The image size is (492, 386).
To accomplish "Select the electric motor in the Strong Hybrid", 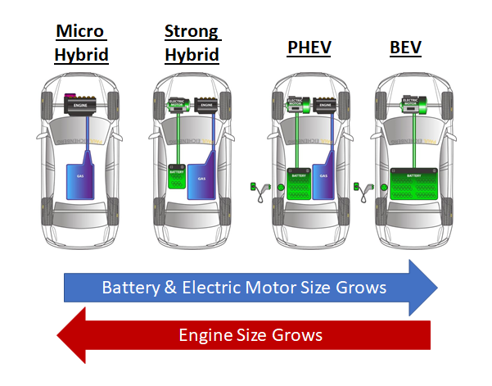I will point(175,105).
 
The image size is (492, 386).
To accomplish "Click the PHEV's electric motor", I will point(297,105).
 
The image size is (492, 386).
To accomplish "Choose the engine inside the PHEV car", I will point(326,105).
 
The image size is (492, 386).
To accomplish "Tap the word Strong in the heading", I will point(192,32).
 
